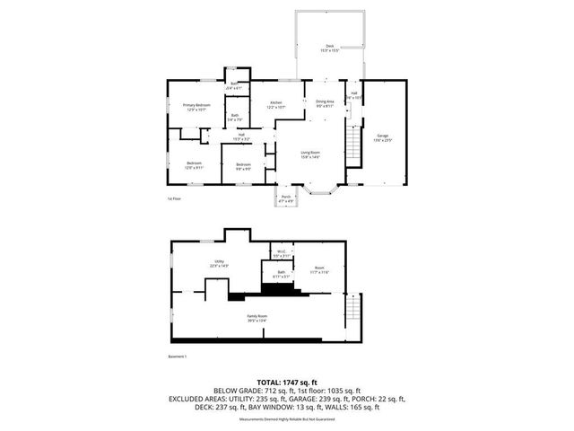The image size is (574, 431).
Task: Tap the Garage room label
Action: click(383, 135)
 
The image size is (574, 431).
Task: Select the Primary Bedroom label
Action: click(196, 106)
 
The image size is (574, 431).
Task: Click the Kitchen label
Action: click(277, 103)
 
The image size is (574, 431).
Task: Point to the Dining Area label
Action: click(325, 102)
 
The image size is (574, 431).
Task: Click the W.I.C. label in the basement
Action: click(281, 251)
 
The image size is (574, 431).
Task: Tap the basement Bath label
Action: click(281, 272)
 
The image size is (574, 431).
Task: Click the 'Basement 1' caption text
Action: click(178, 356)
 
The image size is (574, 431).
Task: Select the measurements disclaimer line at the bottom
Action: click(286, 418)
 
